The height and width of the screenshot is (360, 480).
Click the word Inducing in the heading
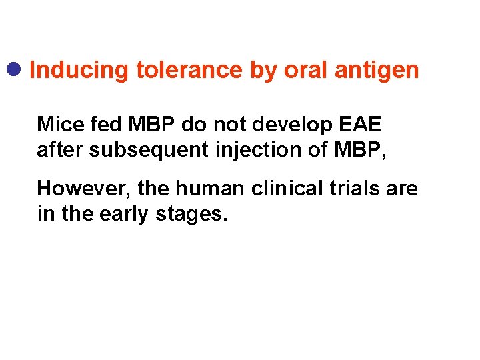coord(79,70)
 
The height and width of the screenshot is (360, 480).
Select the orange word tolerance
coord(189,70)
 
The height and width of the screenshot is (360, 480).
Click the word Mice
coord(56,124)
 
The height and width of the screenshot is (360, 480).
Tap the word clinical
coord(283,189)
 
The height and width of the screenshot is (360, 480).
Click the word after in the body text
coord(60,151)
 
